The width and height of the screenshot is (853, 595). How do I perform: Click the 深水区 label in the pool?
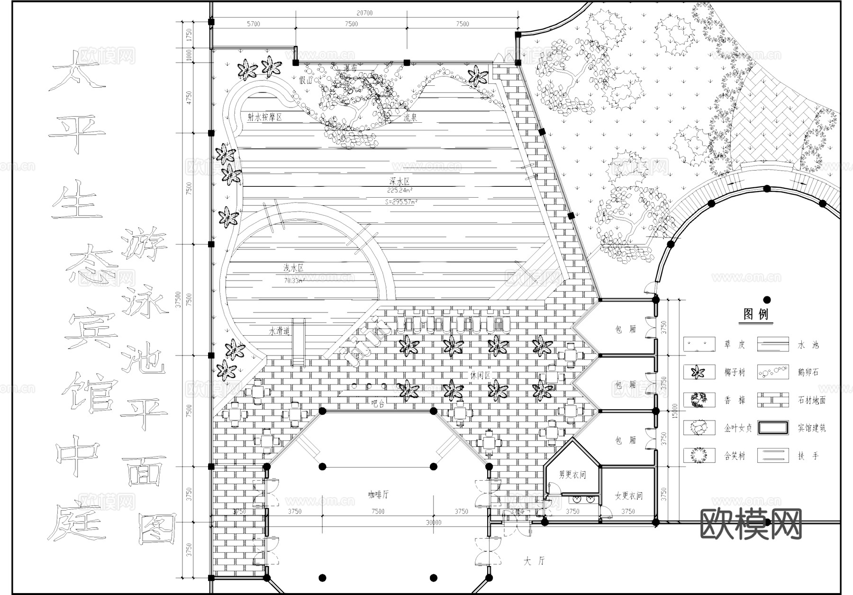pyautogui.click(x=399, y=182)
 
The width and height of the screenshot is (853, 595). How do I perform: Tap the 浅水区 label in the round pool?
pyautogui.click(x=293, y=268)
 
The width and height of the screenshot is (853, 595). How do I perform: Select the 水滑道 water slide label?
pyautogui.click(x=279, y=331)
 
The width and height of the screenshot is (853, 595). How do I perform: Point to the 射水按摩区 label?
pyautogui.click(x=264, y=117)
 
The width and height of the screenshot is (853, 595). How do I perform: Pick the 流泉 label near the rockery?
pyautogui.click(x=410, y=118)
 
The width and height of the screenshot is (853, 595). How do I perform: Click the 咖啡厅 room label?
pyautogui.click(x=378, y=494)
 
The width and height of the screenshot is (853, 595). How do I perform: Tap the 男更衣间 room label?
pyautogui.click(x=572, y=475)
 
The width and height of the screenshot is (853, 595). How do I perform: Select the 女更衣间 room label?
pyautogui.click(x=628, y=496)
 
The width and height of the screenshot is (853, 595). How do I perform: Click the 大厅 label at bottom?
pyautogui.click(x=534, y=561)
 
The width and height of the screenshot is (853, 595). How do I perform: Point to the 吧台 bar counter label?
pyautogui.click(x=378, y=404)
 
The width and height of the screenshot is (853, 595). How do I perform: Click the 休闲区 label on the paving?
pyautogui.click(x=480, y=375)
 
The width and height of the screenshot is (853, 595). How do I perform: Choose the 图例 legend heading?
pyautogui.click(x=756, y=314)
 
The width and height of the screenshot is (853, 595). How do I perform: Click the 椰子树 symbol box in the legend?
pyautogui.click(x=699, y=372)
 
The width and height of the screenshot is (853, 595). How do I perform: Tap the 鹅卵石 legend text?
pyautogui.click(x=808, y=373)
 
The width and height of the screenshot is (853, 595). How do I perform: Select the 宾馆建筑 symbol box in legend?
pyautogui.click(x=772, y=428)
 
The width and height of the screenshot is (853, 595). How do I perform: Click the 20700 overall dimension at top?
pyautogui.click(x=364, y=13)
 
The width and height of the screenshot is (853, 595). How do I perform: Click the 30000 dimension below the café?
pyautogui.click(x=433, y=522)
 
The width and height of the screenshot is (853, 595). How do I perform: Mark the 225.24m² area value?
pyautogui.click(x=399, y=191)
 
